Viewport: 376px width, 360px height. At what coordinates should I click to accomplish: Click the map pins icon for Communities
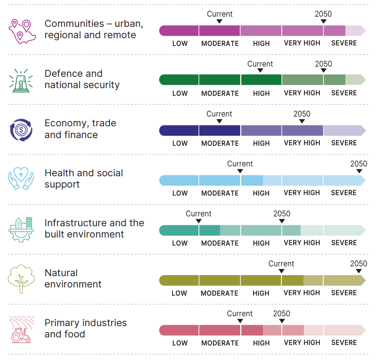[20, 31]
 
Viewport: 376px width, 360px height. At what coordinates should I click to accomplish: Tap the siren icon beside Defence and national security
[21, 81]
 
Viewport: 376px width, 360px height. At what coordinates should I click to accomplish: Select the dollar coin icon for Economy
[21, 130]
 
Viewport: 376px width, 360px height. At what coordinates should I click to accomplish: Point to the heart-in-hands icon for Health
[21, 179]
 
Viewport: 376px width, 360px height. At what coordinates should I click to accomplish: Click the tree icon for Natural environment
[21, 279]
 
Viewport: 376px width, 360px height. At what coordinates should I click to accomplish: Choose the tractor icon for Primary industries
[21, 329]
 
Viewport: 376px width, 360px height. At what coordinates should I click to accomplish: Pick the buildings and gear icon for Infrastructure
[21, 229]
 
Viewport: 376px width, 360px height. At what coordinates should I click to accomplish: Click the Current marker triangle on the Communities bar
[220, 22]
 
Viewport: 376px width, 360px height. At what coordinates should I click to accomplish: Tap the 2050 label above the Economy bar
[302, 114]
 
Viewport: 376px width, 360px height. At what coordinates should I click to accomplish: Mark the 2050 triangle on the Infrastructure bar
[282, 221]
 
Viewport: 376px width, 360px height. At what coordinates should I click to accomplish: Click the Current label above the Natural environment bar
[281, 264]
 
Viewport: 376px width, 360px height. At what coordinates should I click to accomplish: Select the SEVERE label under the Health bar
[343, 193]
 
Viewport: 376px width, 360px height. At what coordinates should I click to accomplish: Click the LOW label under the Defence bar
[180, 93]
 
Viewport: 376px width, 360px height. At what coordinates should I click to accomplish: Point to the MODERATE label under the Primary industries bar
[220, 343]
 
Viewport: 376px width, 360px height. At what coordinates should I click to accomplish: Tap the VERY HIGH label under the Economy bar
[302, 143]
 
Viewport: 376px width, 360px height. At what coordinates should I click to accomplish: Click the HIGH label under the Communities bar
[261, 43]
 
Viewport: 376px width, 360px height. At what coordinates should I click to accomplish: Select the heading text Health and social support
[83, 179]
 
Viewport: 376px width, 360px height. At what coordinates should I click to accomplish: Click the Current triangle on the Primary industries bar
[240, 321]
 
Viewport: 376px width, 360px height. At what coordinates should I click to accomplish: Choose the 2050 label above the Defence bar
[323, 64]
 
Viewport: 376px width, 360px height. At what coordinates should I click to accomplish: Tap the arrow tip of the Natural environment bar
[363, 280]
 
